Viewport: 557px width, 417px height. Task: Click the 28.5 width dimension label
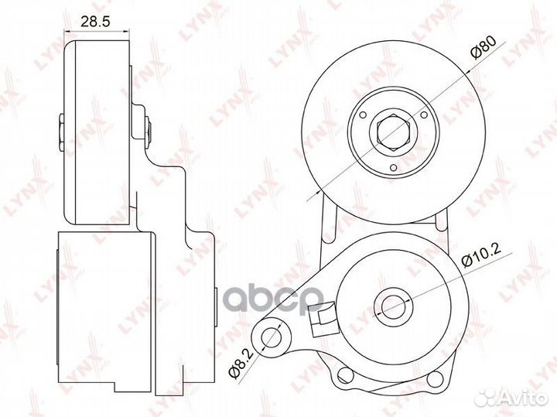(96, 22)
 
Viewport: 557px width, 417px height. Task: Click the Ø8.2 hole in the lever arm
(271, 337)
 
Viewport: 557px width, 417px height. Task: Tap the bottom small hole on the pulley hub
(393, 168)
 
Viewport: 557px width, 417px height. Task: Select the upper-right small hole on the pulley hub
(424, 115)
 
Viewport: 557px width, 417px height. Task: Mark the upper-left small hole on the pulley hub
(363, 115)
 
